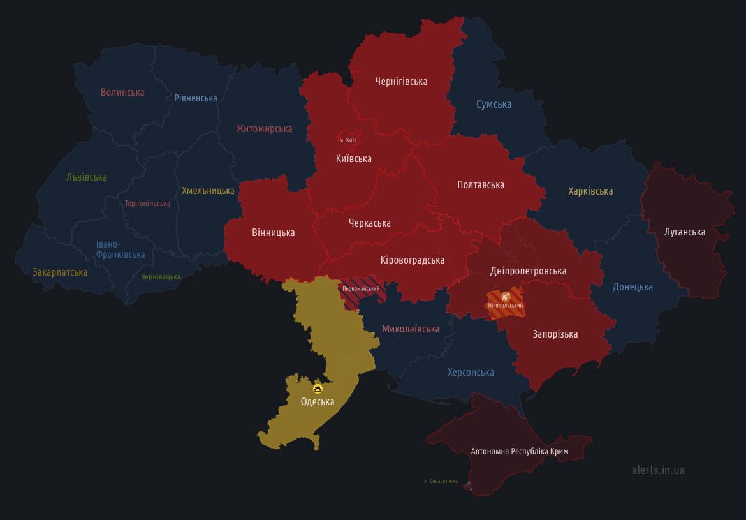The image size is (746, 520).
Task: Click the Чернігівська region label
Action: pos(401,82)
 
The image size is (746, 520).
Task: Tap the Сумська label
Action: pos(494,105)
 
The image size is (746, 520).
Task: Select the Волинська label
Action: pos(122,93)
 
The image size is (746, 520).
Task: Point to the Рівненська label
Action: pos(196,98)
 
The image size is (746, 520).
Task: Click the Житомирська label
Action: pos(264,129)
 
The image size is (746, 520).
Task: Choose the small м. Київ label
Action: pos(348,140)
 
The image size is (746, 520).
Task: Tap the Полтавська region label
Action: pos(481,185)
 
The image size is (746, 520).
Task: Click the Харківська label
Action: pos(590,191)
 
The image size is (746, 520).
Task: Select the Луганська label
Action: pos(685,232)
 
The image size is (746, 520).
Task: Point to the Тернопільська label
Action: pos(147,204)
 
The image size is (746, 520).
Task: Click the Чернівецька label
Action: pos(161,277)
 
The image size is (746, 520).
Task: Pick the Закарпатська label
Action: pos(60,272)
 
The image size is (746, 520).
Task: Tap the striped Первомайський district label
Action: pos(361,289)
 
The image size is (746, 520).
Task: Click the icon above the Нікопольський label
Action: pos(506,296)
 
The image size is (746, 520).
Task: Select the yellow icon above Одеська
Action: pos(318,388)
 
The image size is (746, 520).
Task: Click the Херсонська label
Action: pos(471,373)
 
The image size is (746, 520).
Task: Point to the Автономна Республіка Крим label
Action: pos(520,452)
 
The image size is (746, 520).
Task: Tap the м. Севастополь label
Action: pos(441,481)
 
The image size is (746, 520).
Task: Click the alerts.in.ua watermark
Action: pos(658,470)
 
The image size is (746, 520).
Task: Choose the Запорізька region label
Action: pos(555,334)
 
